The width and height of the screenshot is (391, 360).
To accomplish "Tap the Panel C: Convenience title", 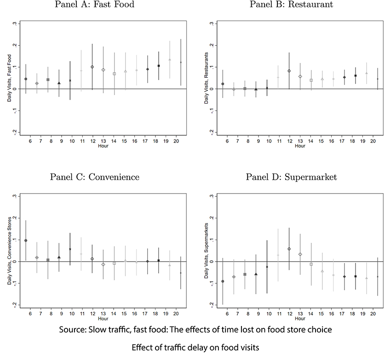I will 96,177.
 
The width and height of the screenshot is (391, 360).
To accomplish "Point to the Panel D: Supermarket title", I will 291,177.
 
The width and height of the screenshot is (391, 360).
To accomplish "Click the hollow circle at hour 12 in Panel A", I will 92,67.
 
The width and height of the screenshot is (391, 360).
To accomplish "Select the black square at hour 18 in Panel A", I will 159,66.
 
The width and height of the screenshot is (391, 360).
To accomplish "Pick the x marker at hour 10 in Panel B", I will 267,88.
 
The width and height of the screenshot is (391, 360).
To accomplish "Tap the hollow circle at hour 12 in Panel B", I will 289,71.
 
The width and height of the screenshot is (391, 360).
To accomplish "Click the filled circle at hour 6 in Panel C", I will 26,240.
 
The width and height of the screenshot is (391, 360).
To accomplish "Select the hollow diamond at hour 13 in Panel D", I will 300,254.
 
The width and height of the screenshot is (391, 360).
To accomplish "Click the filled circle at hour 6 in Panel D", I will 223,281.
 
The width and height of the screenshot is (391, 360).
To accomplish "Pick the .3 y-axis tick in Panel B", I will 212,23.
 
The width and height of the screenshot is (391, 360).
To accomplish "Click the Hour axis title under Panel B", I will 300,146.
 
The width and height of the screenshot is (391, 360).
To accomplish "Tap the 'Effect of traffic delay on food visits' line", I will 195,348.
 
